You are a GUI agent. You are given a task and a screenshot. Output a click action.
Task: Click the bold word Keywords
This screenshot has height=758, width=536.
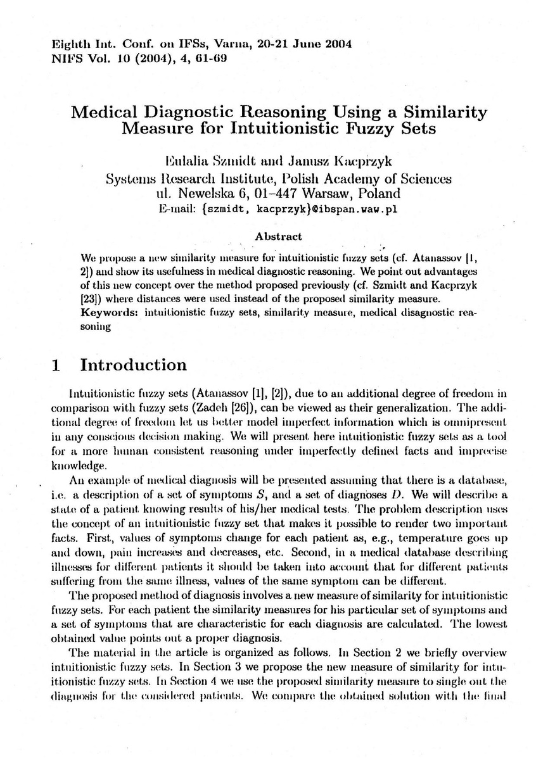tap(111, 313)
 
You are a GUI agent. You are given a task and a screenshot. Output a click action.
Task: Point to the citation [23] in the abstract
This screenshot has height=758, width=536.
tap(90, 299)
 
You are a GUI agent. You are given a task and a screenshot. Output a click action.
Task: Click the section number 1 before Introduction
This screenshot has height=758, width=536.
tap(56, 365)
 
